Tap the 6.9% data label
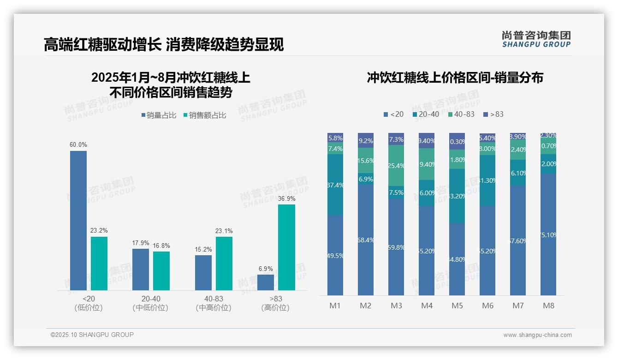coord(266,269)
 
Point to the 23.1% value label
coord(224,231)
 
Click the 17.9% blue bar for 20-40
coord(141,270)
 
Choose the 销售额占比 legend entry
coord(205,115)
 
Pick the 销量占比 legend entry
coord(159,115)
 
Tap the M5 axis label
coord(457,306)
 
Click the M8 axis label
coord(548,306)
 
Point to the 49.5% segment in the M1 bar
coord(335,255)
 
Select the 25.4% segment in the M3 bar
coord(396,166)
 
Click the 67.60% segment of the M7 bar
coord(518,240)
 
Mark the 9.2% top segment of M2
coord(366,140)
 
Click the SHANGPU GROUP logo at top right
coord(536,39)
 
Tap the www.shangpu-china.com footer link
coord(537,335)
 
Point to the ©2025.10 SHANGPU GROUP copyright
coord(92,335)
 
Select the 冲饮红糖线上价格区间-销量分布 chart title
coord(455,78)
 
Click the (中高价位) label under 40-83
coord(214,308)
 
